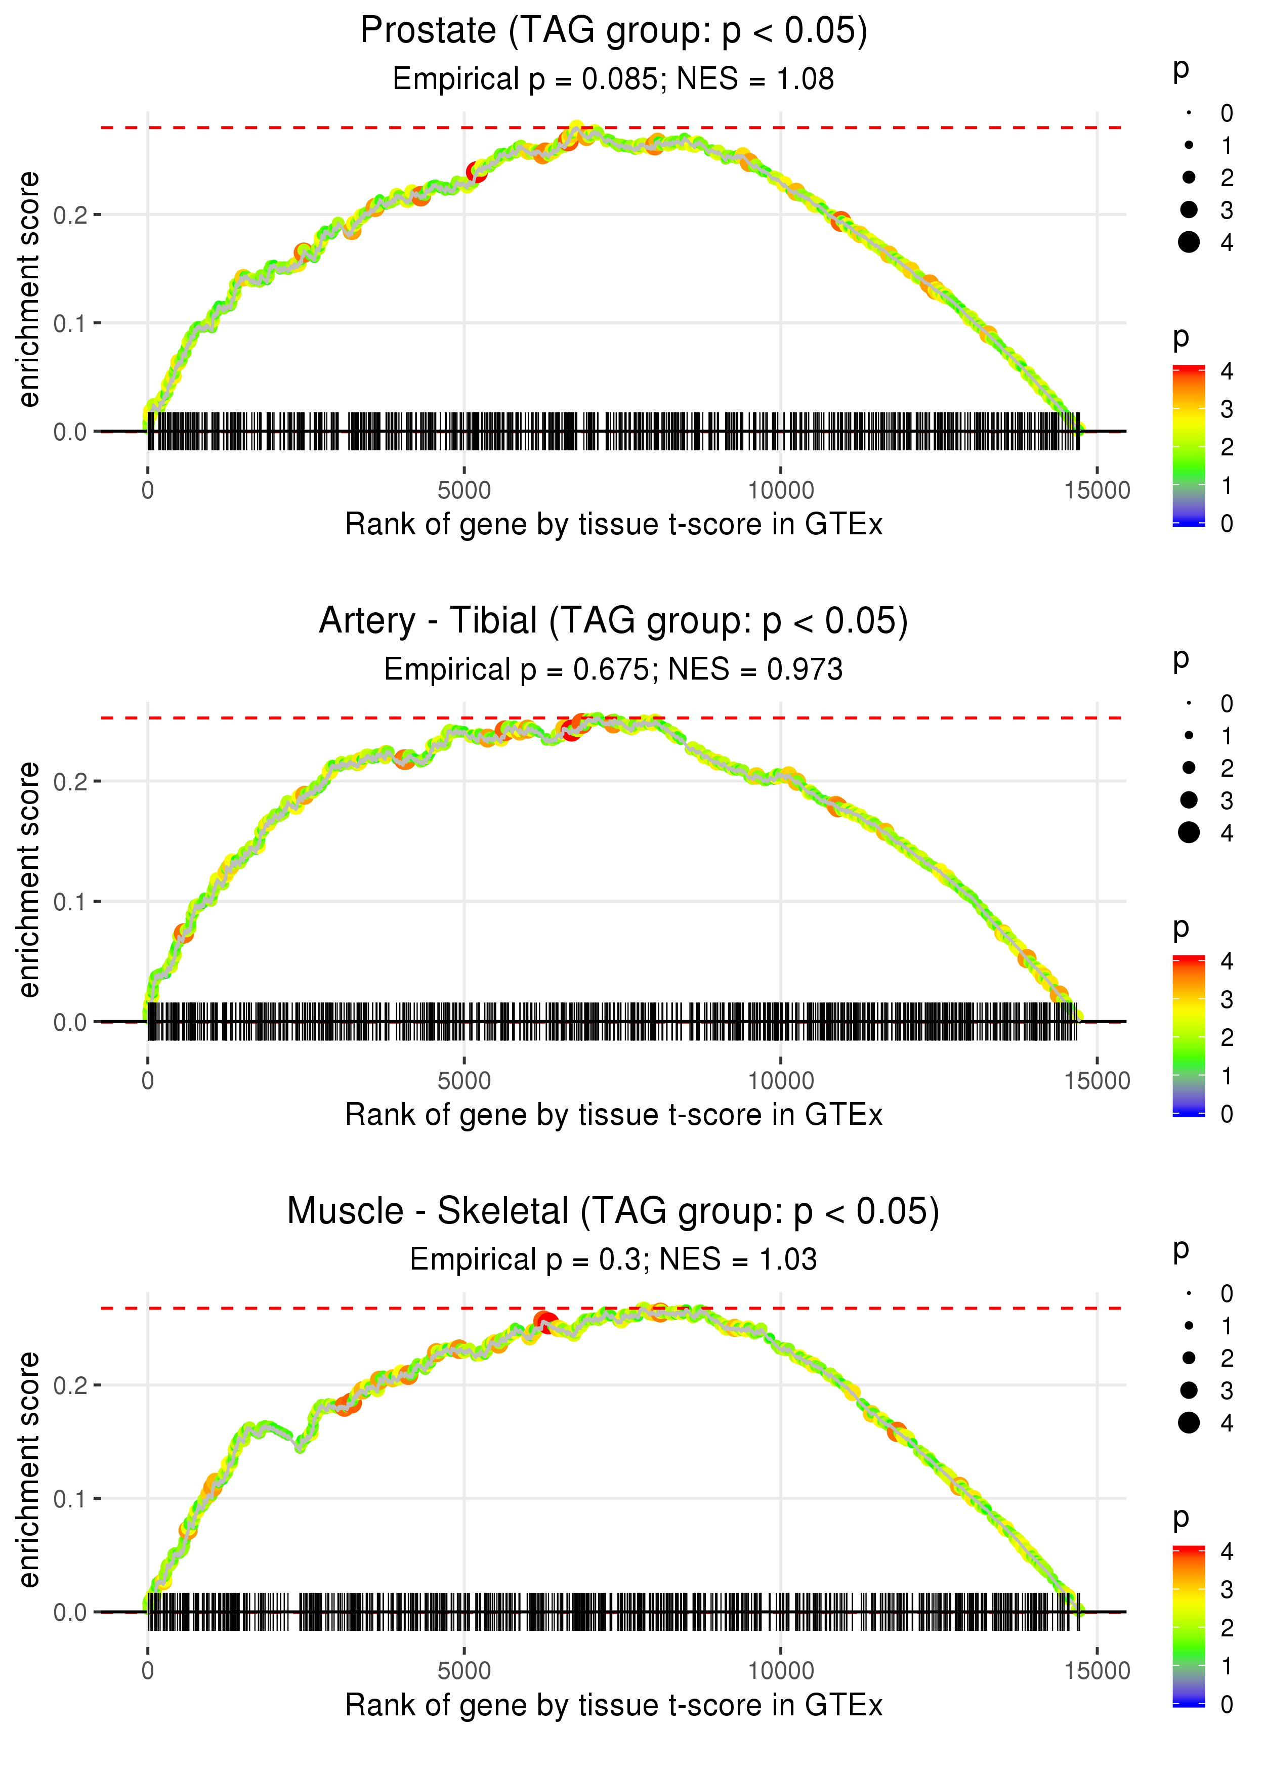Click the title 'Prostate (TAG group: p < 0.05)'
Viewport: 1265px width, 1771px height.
[614, 31]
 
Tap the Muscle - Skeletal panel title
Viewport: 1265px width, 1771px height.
[614, 1212]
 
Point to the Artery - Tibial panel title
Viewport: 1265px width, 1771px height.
[614, 621]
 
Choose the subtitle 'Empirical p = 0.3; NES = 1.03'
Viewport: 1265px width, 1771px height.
[614, 1259]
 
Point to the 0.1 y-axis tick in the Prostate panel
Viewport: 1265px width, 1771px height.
[70, 323]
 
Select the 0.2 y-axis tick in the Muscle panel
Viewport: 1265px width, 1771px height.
[70, 1385]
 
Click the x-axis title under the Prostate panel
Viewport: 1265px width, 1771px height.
[614, 524]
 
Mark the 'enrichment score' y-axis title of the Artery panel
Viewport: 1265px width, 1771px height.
[29, 879]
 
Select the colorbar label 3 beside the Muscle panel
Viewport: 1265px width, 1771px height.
[1227, 1589]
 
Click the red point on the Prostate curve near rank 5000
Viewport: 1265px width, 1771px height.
[477, 172]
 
